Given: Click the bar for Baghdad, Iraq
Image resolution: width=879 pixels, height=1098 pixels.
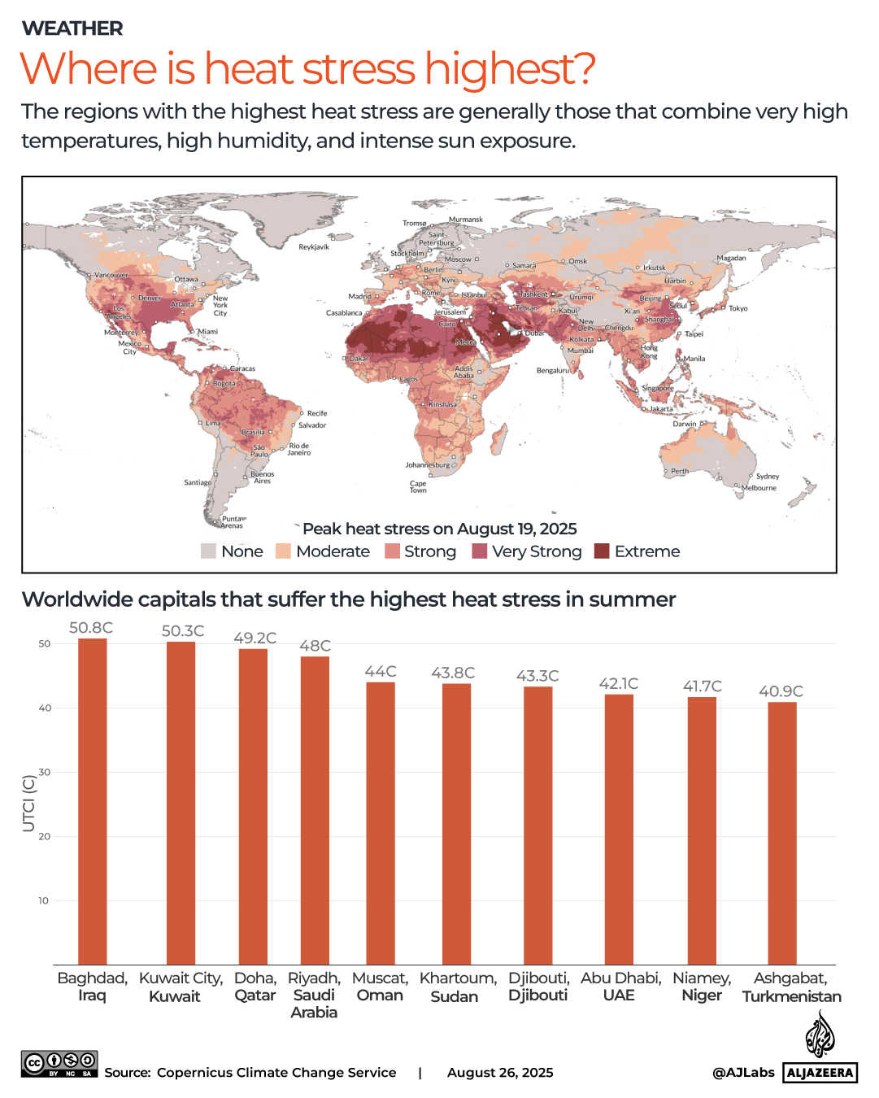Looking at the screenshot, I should [92, 801].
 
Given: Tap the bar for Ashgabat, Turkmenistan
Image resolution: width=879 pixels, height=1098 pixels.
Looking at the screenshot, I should [781, 833].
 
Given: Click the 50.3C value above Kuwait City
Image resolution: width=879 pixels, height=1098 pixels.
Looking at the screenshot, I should [183, 631].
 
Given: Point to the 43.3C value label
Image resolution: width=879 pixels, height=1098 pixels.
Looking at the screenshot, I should [537, 676].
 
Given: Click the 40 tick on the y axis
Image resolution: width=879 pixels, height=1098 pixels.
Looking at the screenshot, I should [44, 708].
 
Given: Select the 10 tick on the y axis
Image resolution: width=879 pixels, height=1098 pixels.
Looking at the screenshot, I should [44, 900].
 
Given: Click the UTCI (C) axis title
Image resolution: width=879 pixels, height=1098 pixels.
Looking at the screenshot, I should [28, 804].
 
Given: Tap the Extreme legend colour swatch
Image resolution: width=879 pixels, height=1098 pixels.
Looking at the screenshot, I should [602, 551].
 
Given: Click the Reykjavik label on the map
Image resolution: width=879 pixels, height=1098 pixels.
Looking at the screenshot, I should [314, 246].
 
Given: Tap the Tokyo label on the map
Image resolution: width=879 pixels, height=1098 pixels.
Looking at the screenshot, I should [738, 308].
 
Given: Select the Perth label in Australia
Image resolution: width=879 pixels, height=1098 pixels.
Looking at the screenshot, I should [680, 471].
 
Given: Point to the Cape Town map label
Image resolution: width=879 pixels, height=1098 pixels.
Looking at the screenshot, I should [418, 486].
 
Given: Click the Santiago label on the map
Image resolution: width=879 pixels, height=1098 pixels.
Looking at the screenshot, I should [198, 482].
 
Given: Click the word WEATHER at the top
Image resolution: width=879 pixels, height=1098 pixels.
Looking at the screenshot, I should [72, 28].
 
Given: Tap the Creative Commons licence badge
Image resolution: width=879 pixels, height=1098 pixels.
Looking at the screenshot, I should [59, 1064].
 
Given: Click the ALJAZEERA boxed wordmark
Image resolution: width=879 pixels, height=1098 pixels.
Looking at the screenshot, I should [820, 1073].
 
